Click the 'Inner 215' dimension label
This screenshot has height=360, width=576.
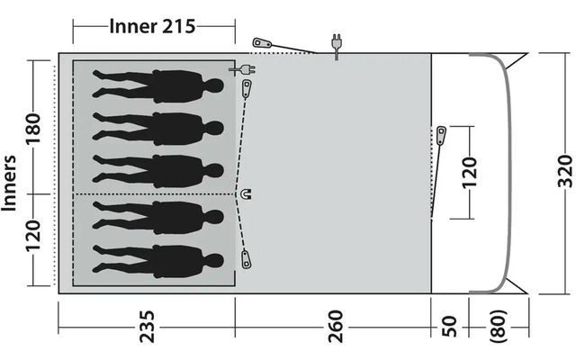[x=152, y=25]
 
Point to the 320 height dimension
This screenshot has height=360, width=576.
[x=563, y=171]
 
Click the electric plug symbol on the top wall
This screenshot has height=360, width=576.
[x=336, y=45]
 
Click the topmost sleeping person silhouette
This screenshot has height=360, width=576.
[x=158, y=86]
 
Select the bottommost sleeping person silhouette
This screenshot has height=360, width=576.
[x=158, y=261]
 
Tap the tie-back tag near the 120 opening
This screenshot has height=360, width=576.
[x=441, y=136]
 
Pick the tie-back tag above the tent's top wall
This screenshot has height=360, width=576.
[x=264, y=43]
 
